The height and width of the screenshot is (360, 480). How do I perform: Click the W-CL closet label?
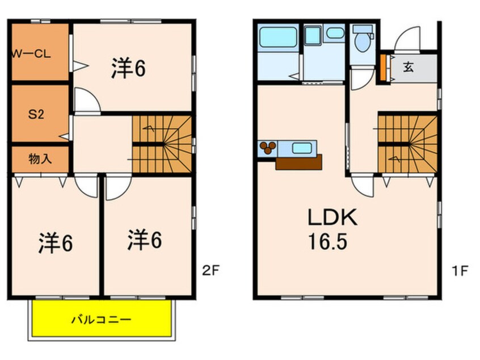tap(31, 55)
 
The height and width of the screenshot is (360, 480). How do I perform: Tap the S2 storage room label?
tap(36, 114)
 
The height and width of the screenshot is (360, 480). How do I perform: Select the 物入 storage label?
tap(40, 159)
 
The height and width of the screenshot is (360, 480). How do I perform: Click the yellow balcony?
tap(102, 318)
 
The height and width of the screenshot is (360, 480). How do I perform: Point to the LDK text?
tap(332, 217)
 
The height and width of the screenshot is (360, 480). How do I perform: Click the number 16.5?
tap(327, 241)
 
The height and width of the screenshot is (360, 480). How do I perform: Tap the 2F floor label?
tap(210, 270)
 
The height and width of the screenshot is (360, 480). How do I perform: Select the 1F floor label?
tap(460, 270)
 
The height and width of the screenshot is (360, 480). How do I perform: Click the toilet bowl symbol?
tap(363, 40)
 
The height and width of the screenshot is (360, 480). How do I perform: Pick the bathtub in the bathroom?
tap(278, 37)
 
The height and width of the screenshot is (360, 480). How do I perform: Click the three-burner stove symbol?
tap(267, 148)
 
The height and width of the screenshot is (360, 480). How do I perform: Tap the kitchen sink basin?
tap(302, 148)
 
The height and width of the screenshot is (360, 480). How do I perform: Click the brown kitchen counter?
tap(299, 162)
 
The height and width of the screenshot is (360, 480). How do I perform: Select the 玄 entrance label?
tap(408, 67)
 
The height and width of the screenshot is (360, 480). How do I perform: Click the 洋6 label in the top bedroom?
tap(128, 68)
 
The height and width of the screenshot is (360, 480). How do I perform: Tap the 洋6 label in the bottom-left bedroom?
tap(56, 243)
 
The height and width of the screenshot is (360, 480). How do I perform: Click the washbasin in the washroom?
tap(335, 33)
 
